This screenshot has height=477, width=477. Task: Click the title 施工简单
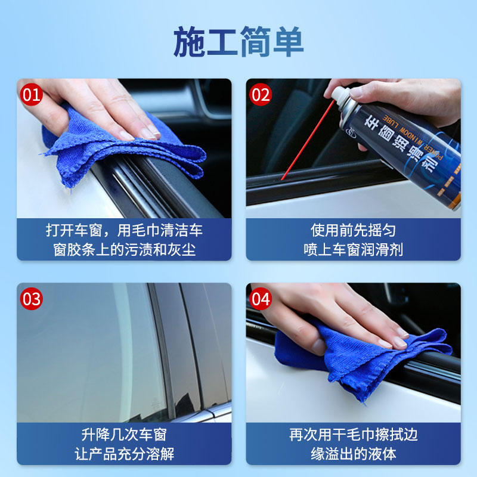238,42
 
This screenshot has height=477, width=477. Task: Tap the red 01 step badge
32,94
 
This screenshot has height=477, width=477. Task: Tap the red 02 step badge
261,94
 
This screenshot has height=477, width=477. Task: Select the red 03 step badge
32,298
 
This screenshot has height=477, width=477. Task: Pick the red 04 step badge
261,298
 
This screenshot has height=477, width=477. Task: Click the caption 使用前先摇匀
353,230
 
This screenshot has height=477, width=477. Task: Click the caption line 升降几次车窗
124,434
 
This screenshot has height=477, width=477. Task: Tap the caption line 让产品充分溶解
124,454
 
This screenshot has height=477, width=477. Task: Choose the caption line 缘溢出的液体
353,454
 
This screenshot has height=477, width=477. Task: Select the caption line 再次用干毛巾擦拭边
353,434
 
